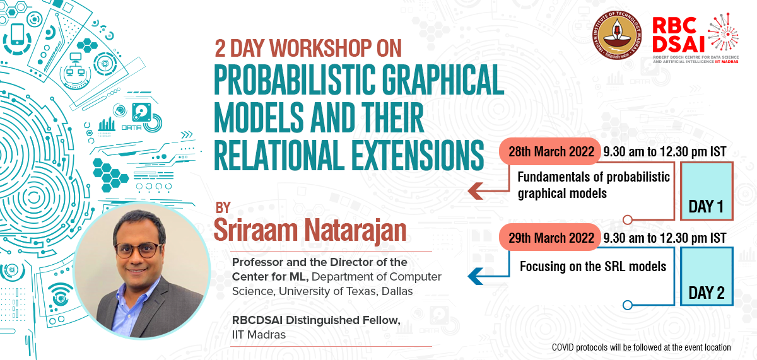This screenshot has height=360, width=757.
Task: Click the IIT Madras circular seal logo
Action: click(x=617, y=35)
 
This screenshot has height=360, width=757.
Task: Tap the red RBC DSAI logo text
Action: click(x=678, y=35)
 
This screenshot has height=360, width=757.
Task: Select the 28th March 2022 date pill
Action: click(x=550, y=151)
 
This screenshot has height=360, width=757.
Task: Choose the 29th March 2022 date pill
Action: click(x=550, y=238)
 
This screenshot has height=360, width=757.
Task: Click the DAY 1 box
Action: click(x=707, y=191)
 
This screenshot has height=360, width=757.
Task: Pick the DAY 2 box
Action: click(x=707, y=277)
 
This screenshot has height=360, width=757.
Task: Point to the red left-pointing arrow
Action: click(x=476, y=191)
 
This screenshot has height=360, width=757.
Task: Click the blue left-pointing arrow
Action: click(x=476, y=276)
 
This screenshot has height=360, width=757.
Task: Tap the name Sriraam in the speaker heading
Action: click(x=255, y=231)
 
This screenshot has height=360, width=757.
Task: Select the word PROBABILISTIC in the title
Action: click(x=295, y=79)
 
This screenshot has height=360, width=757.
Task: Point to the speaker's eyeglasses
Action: click(x=139, y=250)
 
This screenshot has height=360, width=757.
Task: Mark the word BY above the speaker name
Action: click(x=223, y=207)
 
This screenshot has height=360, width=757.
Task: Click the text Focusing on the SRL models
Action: click(x=593, y=267)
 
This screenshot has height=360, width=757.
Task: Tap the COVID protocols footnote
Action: click(x=641, y=347)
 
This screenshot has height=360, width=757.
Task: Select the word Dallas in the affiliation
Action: click(x=397, y=291)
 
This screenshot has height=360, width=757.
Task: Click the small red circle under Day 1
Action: click(x=627, y=220)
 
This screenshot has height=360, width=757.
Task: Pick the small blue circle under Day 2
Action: click(x=627, y=305)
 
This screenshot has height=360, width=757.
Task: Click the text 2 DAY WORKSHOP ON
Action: click(x=308, y=49)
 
